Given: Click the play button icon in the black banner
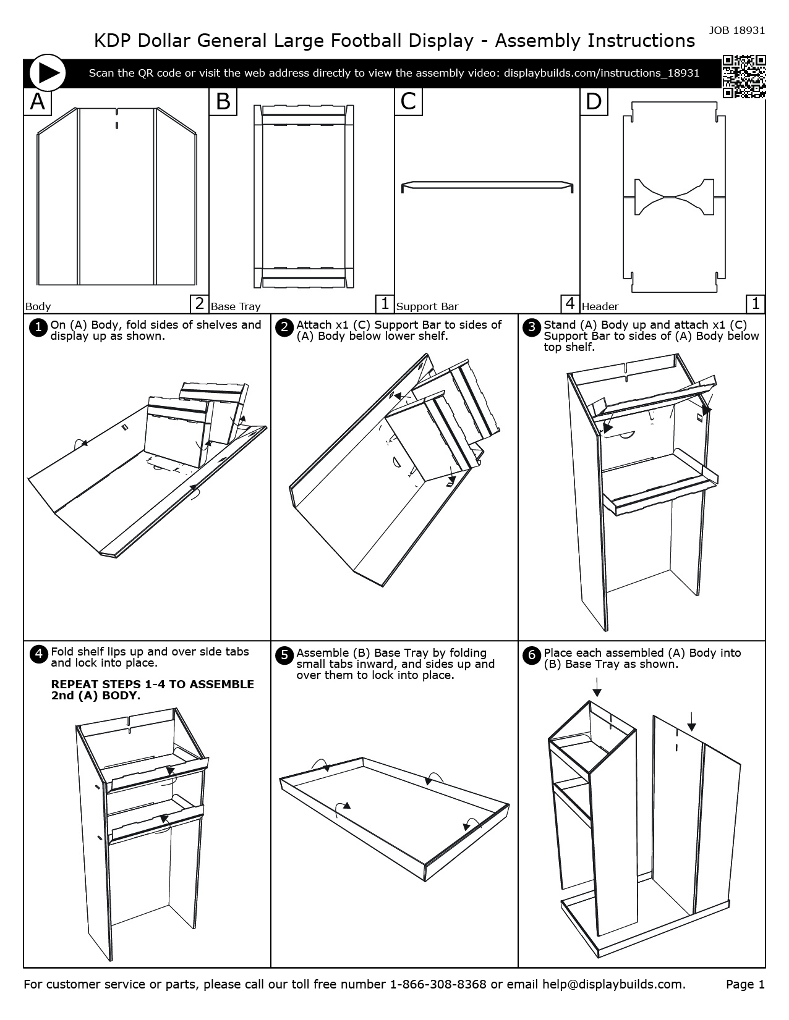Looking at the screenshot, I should [46, 73].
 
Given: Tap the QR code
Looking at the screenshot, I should [744, 77].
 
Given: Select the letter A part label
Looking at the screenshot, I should [38, 101].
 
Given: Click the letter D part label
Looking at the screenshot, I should [594, 101].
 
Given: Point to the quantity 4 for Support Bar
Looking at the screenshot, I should [569, 303].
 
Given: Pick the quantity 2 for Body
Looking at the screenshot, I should [199, 303].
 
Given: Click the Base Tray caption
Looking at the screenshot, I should [236, 306].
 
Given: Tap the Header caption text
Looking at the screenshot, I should [600, 306].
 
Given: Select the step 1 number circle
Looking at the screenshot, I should [38, 327].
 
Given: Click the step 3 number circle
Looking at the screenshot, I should [532, 327].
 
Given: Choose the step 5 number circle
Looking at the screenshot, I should [284, 655].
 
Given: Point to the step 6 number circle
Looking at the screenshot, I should [532, 655].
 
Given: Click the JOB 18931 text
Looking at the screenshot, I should [736, 30].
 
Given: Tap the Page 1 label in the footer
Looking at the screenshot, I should [745, 984].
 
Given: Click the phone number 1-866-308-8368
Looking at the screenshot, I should [438, 984].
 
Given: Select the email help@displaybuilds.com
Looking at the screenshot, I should [613, 984].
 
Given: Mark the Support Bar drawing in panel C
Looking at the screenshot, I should [487, 185].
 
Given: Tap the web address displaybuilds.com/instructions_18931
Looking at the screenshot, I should [602, 73].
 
